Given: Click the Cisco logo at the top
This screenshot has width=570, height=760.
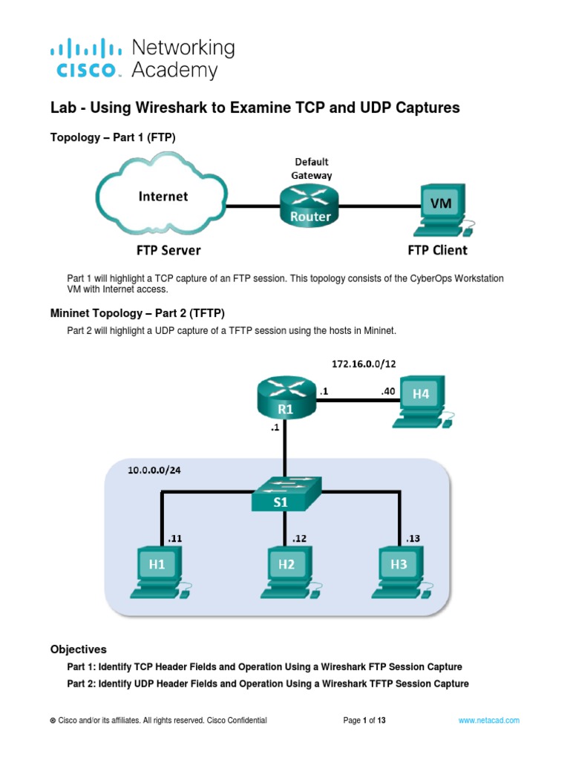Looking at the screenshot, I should point(85,59).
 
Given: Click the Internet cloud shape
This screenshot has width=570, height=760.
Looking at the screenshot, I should point(162,197).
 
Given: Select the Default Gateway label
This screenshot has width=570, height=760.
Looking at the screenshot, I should point(312,168).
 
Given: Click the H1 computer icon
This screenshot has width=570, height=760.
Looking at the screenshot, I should point(157,570).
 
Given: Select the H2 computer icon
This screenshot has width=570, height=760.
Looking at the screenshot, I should point(287,570).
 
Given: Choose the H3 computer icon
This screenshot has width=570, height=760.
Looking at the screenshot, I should point(399,570).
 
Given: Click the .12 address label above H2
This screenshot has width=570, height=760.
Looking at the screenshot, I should point(299,537).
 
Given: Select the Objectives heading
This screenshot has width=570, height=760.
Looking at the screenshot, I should point(78,649).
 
